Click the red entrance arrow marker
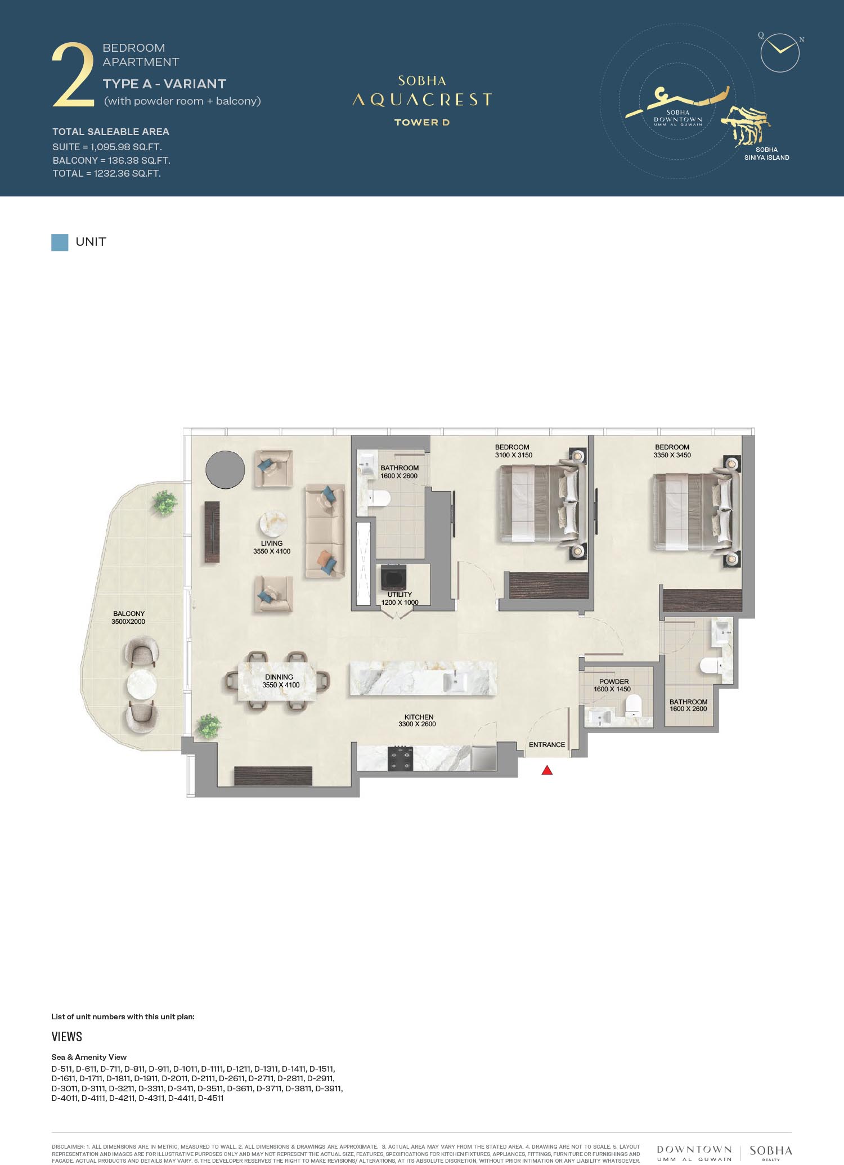click(547, 770)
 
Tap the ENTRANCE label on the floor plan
click(547, 745)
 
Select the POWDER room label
click(614, 682)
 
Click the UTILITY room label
click(399, 595)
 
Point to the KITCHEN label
click(419, 717)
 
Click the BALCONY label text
click(129, 614)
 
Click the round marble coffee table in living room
click(273, 524)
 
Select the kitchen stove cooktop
click(400, 759)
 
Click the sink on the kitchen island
click(455, 682)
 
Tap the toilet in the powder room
click(633, 705)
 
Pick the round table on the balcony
click(141, 685)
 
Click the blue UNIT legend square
click(60, 242)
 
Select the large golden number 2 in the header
click(73, 76)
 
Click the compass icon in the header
click(780, 53)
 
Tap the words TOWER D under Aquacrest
click(422, 122)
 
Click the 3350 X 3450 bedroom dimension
click(672, 455)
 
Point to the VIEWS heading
click(67, 1037)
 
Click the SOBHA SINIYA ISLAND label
click(766, 154)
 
